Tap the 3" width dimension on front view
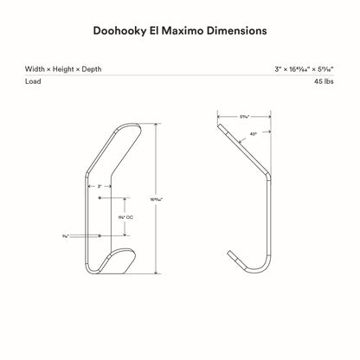click(x=100, y=185)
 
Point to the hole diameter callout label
click(x=66, y=235)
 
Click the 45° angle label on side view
click(x=252, y=134)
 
